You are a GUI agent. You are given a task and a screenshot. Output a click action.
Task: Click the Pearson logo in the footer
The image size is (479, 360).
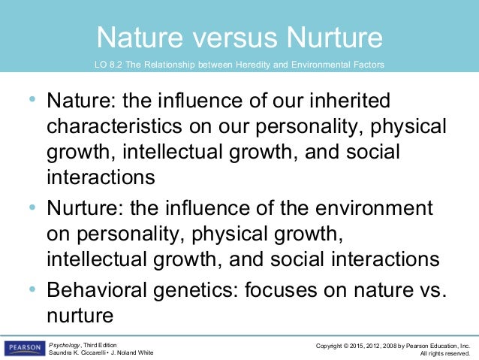(x=24, y=348)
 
